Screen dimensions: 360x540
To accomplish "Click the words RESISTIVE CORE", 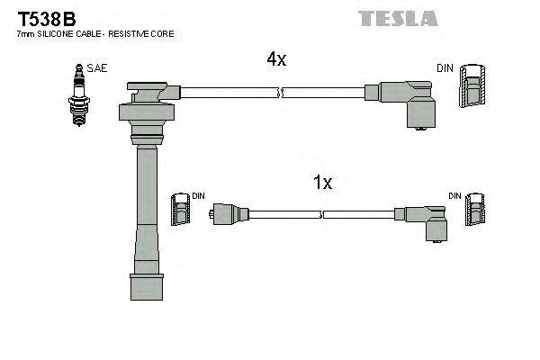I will (144, 33).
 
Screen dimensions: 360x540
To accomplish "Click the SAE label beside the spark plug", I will (94, 68).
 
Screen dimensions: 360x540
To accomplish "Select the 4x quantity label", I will (275, 59).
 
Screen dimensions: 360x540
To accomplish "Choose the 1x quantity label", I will (321, 183).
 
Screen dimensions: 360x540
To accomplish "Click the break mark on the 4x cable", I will (283, 92).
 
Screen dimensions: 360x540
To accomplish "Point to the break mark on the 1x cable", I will (321, 214).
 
